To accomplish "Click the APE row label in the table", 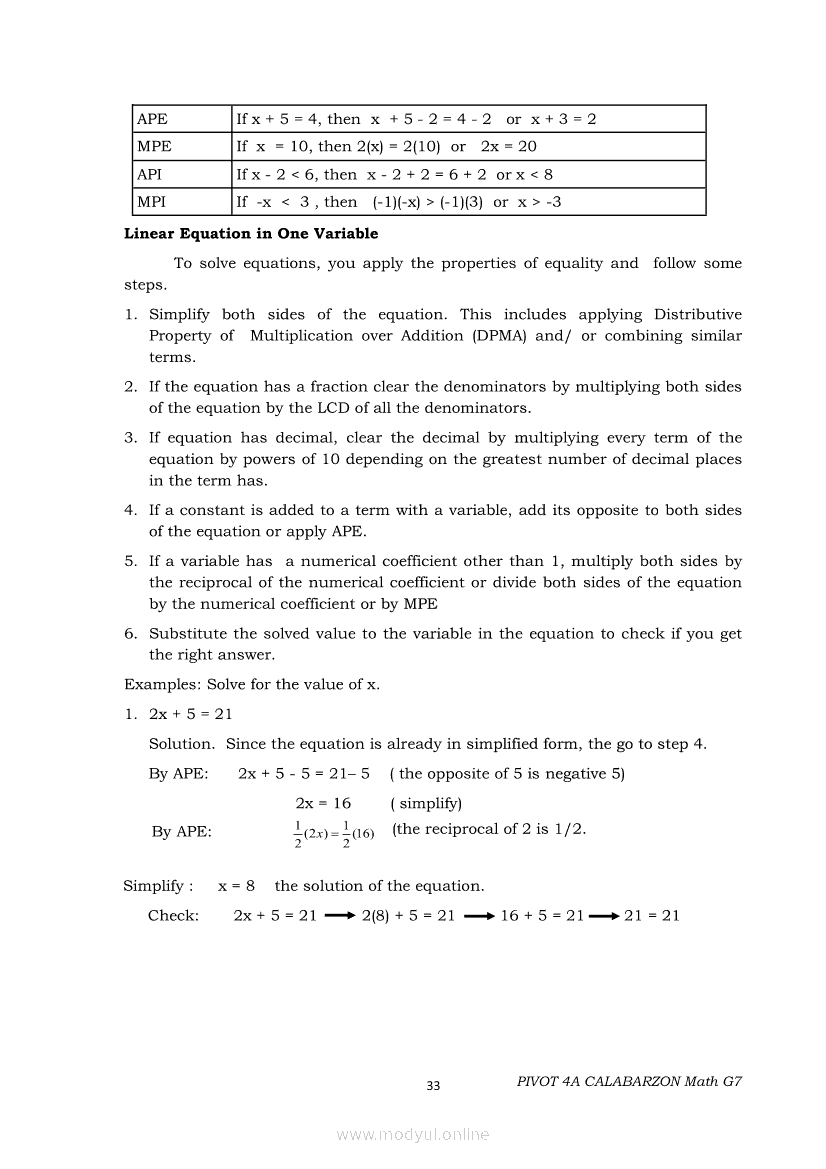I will pos(153,119).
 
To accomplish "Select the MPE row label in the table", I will pos(154,146).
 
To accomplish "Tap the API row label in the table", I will pos(150,174).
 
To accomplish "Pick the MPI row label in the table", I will pos(152,202).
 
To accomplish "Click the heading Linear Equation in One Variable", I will pos(251,234).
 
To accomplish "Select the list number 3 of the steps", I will pos(130,438).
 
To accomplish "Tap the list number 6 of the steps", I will pos(130,634).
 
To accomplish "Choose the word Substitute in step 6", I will pos(190,634).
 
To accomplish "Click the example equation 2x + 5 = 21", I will pos(191,714).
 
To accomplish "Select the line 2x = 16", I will pos(323,803).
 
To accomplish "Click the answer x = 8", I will pos(236,886).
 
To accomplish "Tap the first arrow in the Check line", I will pos(340,916).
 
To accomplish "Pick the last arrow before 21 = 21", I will pos(604,916).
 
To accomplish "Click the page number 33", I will pos(433,1087).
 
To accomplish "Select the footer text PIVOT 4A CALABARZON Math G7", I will pos(630,1082).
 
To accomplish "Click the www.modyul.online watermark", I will pos(413,1135).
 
